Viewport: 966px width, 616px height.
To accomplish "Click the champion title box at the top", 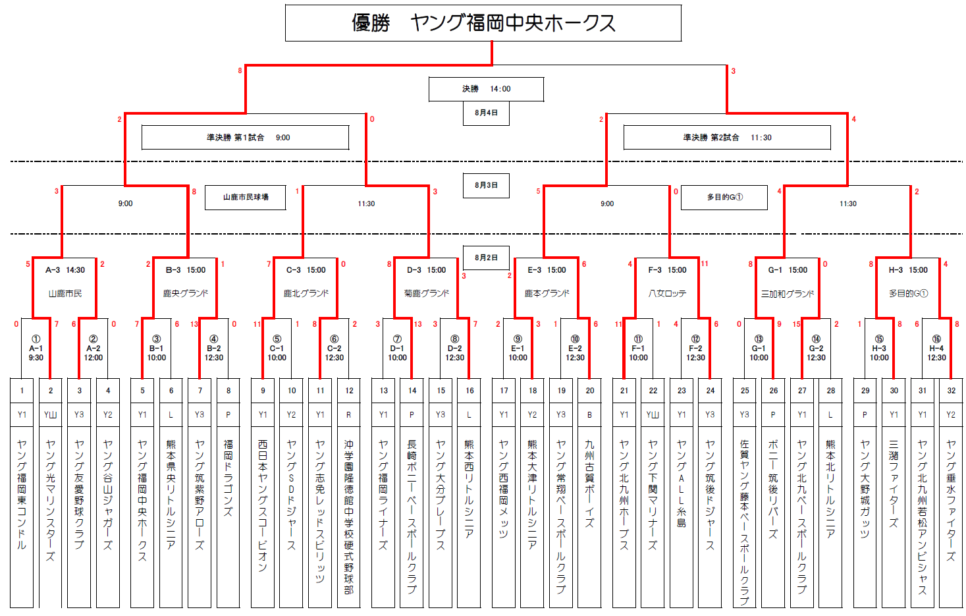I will (483, 23).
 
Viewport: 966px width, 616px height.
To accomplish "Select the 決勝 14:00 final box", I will (486, 89).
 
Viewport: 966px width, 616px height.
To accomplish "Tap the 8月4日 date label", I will (486, 113).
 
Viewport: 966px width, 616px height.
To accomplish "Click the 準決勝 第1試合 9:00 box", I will (245, 138).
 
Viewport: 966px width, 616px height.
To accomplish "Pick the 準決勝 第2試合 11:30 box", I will (726, 138).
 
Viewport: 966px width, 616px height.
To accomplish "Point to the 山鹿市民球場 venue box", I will (245, 197).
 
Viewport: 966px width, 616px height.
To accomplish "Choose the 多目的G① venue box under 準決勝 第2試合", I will (724, 197).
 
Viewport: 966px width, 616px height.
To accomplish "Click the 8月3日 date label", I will (486, 185).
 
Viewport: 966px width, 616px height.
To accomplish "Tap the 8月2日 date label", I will (486, 258).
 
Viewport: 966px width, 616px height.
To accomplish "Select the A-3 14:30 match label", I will (65, 269).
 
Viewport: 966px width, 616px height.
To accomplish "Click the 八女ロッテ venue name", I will (667, 293).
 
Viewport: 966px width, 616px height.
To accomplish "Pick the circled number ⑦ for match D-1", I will (397, 339).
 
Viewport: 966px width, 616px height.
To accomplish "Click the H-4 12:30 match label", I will (936, 352).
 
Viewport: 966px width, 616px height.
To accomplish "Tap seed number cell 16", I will (470, 390).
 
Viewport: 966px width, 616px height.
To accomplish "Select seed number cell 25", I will (744, 390).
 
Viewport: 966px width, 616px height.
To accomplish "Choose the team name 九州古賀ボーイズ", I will (589, 484).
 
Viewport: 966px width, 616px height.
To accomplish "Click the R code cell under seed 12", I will (349, 414).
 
